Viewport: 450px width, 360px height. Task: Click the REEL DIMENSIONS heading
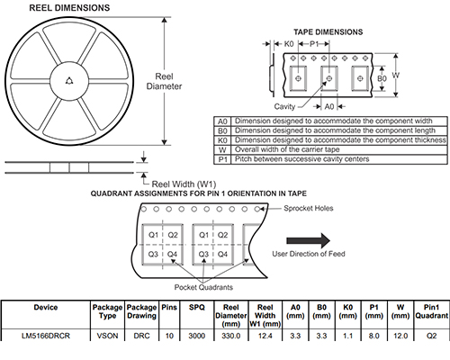[69, 8]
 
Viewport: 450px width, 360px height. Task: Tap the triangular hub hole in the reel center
[69, 81]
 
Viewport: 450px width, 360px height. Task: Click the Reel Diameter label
[164, 81]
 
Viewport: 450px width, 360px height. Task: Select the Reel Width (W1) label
[184, 184]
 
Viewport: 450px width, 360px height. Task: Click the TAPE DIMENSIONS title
[328, 31]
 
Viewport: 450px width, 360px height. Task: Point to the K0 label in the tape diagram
[289, 44]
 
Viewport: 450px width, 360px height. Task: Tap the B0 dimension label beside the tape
[382, 78]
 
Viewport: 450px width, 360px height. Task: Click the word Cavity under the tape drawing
[284, 106]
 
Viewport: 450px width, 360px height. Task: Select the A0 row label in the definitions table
[222, 121]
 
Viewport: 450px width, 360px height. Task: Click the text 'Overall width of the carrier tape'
[287, 149]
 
